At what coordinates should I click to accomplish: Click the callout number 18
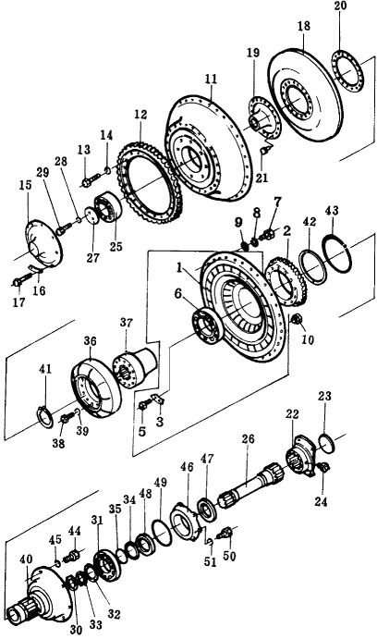click(x=304, y=26)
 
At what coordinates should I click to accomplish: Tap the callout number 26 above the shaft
click(x=248, y=439)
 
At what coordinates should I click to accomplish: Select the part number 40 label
click(x=25, y=559)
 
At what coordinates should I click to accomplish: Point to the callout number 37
click(x=127, y=323)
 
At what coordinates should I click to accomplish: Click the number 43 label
click(x=332, y=211)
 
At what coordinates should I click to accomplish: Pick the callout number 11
click(x=212, y=79)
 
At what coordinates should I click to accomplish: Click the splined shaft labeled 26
click(x=251, y=485)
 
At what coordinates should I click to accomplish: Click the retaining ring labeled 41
click(x=44, y=416)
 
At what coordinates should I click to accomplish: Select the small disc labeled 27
click(x=92, y=215)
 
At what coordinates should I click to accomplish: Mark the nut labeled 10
click(x=298, y=319)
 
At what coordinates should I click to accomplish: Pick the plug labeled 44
click(x=73, y=555)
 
